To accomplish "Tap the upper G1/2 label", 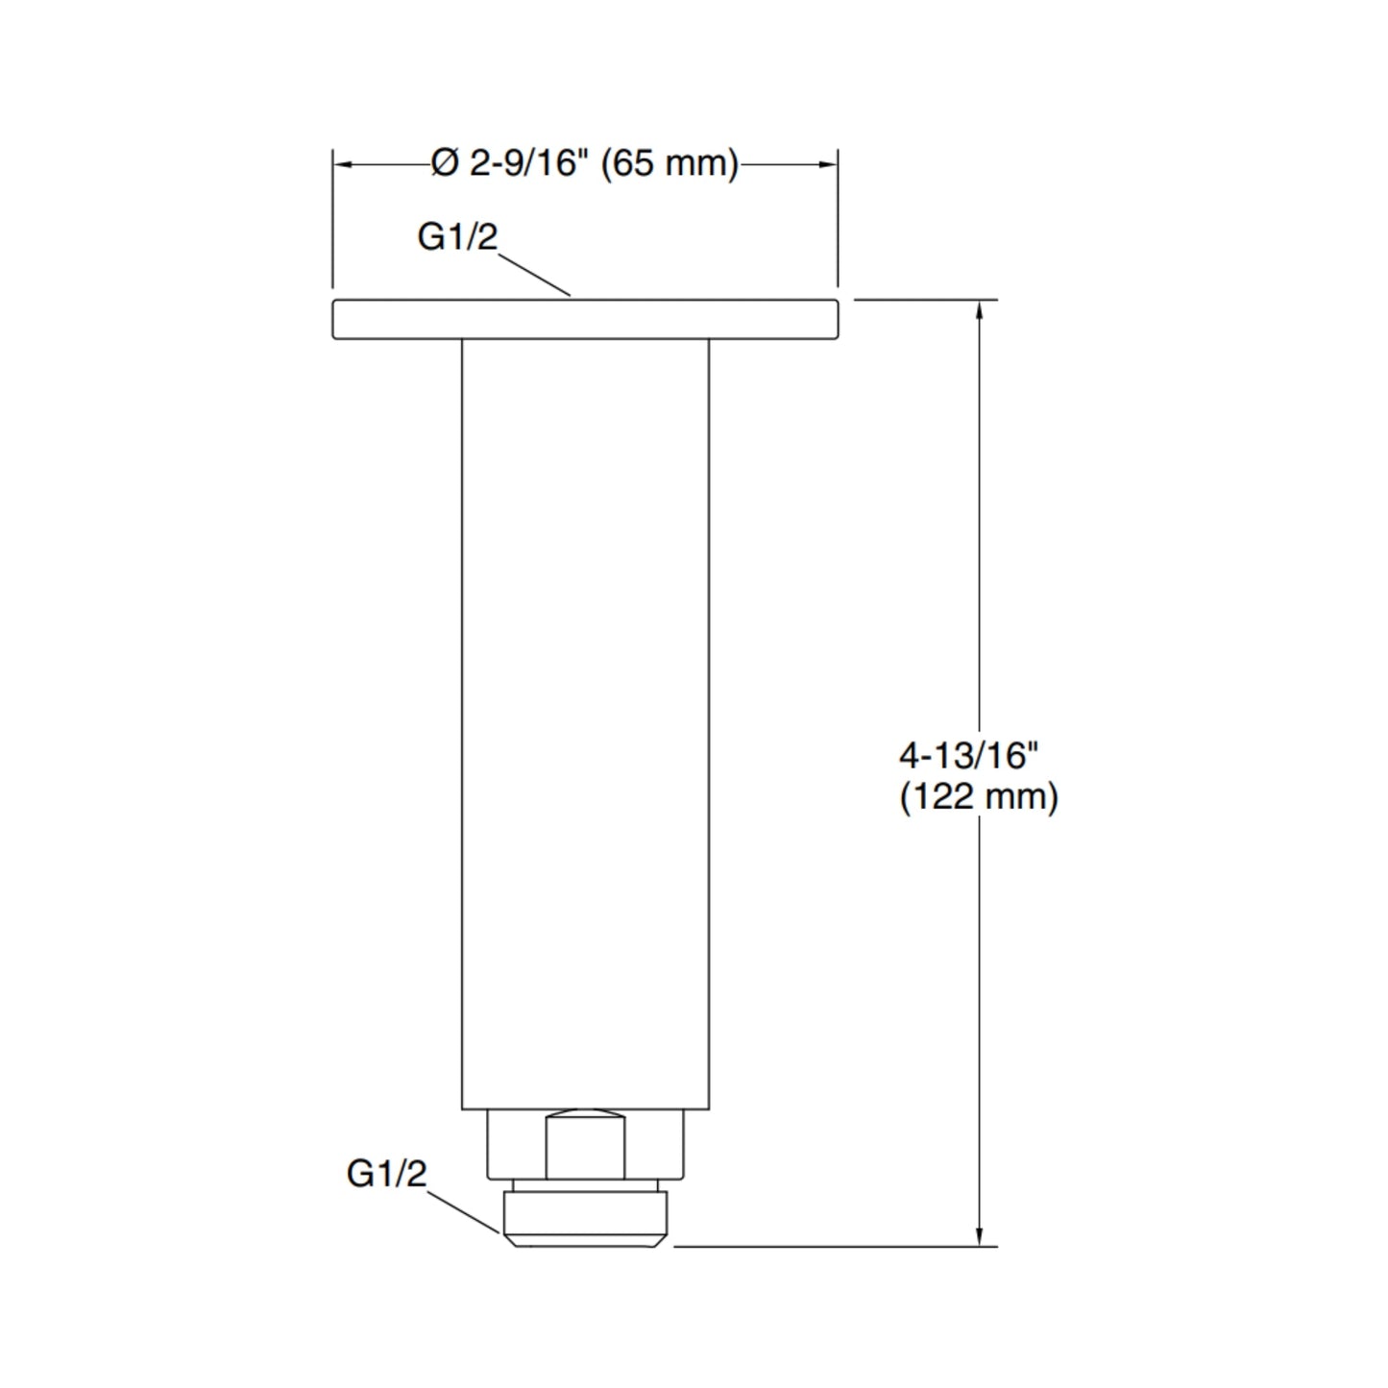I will point(457,236).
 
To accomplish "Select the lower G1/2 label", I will point(386,1173).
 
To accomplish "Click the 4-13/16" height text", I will point(968,756).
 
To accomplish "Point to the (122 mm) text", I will point(978,797).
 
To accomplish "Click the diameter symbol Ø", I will point(445,163).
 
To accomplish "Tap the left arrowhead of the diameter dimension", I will point(343,164).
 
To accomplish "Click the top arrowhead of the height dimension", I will point(979,309).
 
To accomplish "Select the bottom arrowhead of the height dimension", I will point(979,1236).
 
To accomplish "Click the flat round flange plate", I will point(585,319).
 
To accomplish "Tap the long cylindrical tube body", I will point(585,720).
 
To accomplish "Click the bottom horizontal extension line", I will point(836,1247).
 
